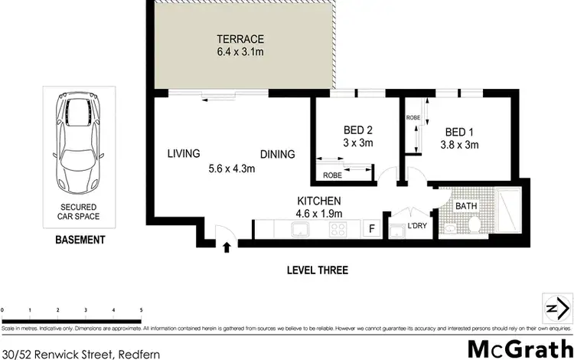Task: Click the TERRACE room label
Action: [240, 39]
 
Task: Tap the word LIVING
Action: [184, 153]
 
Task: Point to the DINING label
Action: [277, 154]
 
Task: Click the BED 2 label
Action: [358, 129]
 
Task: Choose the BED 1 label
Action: [459, 129]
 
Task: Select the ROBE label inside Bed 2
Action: [332, 175]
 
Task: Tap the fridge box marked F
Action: [372, 228]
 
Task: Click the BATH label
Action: [465, 206]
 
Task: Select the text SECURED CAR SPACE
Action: [79, 212]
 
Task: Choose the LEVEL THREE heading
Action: [317, 270]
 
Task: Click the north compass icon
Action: [556, 308]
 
